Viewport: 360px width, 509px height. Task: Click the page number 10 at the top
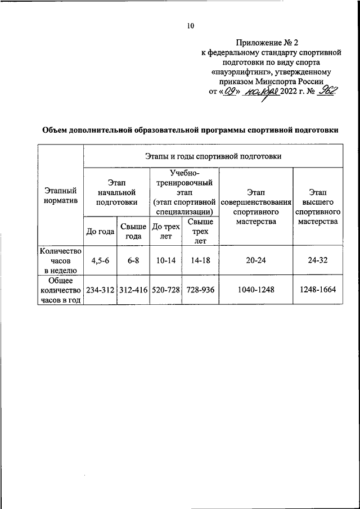click(190, 25)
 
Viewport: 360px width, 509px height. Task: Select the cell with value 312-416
click(133, 290)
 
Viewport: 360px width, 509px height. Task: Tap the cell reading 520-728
click(166, 290)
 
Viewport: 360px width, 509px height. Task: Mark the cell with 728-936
click(200, 290)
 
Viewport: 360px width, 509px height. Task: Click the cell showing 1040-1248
click(256, 290)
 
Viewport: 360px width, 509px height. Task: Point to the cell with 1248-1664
click(318, 290)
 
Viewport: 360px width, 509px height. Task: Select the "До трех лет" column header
click(166, 231)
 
